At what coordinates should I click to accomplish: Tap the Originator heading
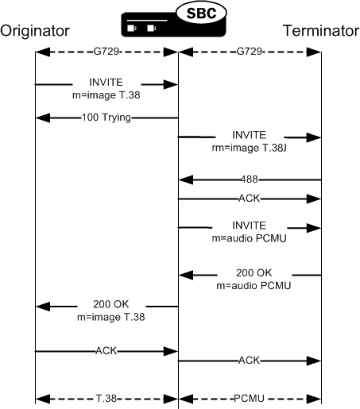click(35, 32)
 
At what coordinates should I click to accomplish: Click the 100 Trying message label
click(106, 118)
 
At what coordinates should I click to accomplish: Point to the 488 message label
click(250, 180)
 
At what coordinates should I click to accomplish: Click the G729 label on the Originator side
click(106, 52)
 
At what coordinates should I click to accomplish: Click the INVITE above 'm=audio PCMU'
click(250, 225)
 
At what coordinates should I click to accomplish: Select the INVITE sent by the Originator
click(106, 82)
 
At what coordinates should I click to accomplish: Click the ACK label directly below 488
click(250, 199)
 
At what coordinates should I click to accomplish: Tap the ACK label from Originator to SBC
click(106, 350)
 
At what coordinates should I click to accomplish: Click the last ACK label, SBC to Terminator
click(250, 360)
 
